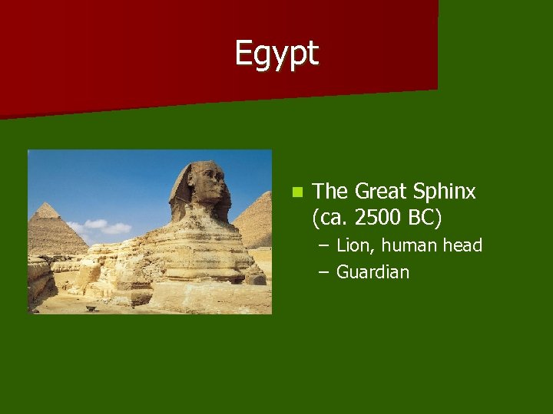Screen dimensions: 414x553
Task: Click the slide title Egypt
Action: pos(276,54)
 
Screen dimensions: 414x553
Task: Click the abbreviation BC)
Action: pos(426,218)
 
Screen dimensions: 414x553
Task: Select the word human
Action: pos(412,245)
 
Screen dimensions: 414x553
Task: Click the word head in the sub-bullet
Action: pos(462,245)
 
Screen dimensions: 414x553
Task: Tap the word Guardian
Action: pos(373,271)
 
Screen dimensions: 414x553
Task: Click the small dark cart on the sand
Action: pos(91,307)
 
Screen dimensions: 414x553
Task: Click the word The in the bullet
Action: pos(331,192)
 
